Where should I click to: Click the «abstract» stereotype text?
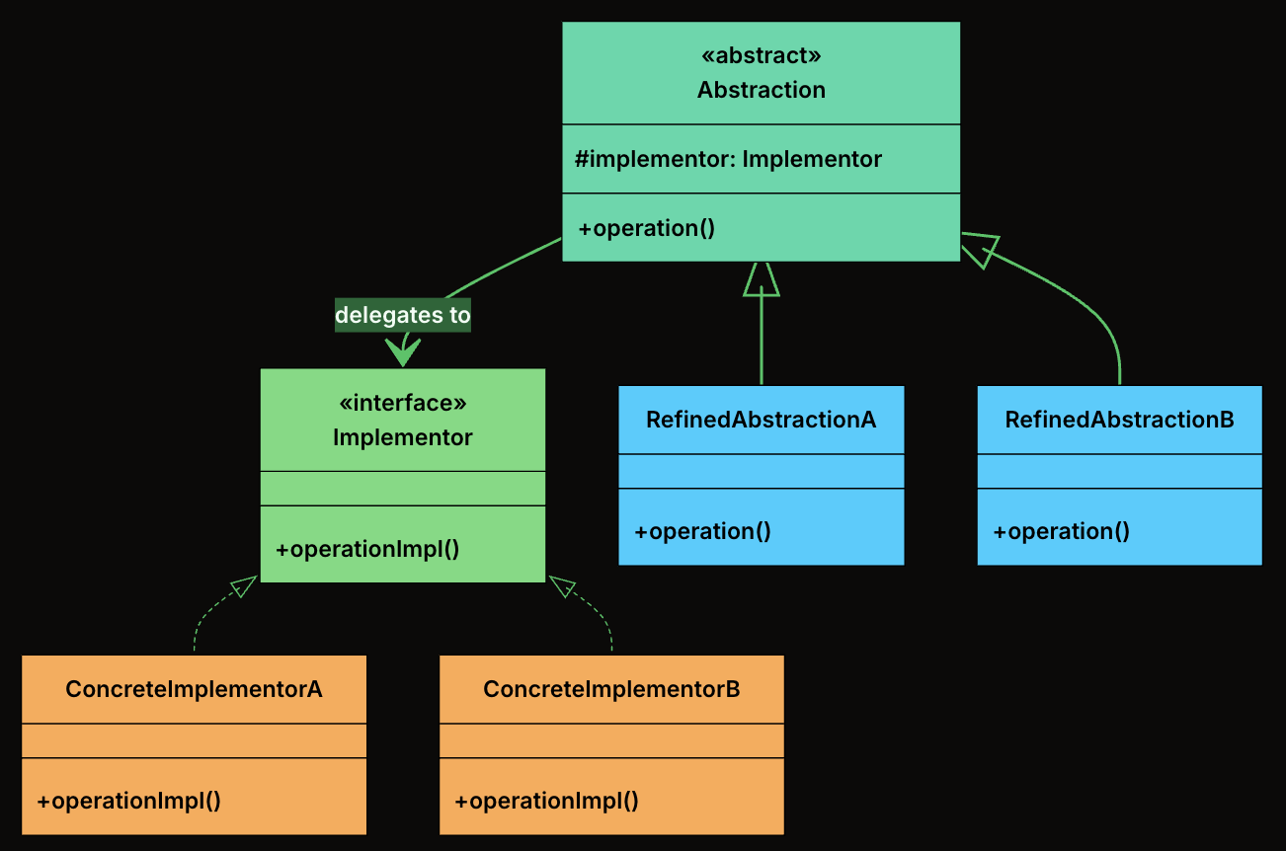pos(761,54)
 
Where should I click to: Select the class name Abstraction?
pos(761,90)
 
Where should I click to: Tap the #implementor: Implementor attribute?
pos(728,159)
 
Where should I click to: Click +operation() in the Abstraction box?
pos(646,228)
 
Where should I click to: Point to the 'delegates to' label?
pos(403,315)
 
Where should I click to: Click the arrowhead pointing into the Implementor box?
pos(403,350)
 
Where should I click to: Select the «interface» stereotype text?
pos(402,403)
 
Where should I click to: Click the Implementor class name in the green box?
pos(402,437)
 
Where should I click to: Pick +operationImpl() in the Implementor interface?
pos(367,549)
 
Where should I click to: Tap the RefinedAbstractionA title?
pos(761,420)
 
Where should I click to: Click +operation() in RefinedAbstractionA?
pos(701,531)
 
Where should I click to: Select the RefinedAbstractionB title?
pos(1119,420)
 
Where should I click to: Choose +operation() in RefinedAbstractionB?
pos(1061,531)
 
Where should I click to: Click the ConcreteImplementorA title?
pos(194,689)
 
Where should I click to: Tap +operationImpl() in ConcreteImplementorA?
pos(128,801)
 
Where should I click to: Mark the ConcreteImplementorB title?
pos(611,689)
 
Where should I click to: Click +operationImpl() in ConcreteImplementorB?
pos(546,801)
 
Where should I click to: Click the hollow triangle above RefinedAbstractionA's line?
pos(762,279)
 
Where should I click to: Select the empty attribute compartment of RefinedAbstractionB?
pos(1119,471)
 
